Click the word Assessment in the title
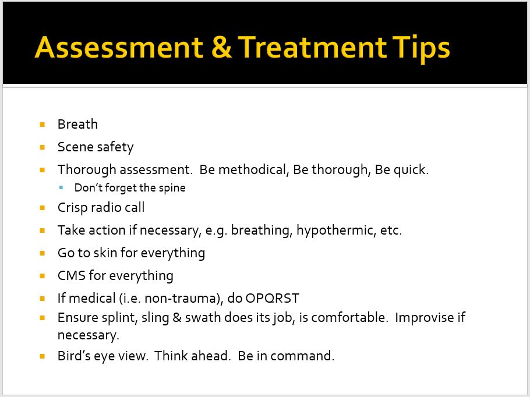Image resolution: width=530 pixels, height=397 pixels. coord(119,47)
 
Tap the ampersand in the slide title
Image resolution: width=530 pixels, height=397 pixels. coord(222,47)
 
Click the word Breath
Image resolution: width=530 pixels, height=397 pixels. coord(77,124)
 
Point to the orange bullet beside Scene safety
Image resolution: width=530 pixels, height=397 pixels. coord(43,147)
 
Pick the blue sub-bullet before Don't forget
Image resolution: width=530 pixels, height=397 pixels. coord(61,187)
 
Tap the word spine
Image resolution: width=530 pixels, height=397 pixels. coord(172,188)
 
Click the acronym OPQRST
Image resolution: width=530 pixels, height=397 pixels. coord(273,299)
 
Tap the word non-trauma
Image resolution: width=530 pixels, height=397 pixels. coord(185,299)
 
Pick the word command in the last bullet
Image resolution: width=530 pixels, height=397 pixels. coord(302,356)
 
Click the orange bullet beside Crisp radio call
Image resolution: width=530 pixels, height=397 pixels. coord(43,208)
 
